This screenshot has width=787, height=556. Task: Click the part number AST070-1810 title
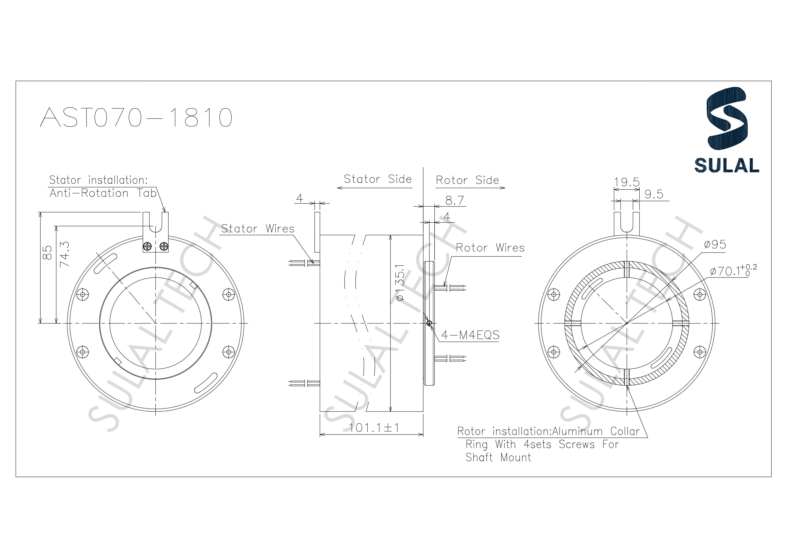(x=136, y=117)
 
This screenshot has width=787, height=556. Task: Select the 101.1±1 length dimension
(x=374, y=428)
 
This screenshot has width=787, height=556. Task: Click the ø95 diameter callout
(x=715, y=244)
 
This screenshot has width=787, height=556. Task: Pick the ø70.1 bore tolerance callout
(x=733, y=271)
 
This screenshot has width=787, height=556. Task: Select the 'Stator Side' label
(x=377, y=179)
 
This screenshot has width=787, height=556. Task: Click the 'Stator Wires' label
(x=257, y=229)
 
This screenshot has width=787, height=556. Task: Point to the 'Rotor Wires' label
(x=490, y=248)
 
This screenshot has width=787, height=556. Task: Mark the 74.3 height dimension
(x=64, y=254)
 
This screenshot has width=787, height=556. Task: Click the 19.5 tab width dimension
(x=626, y=182)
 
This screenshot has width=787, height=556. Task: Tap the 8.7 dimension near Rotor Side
(x=455, y=200)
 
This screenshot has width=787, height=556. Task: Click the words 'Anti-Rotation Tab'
(x=103, y=193)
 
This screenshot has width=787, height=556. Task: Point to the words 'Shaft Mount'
(x=498, y=457)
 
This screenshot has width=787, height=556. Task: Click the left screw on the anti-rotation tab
(x=148, y=246)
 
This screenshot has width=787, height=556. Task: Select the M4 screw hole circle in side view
(x=429, y=323)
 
